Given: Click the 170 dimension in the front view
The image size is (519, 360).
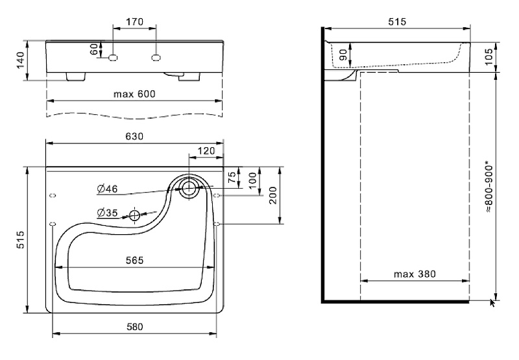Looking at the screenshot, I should click(x=134, y=22).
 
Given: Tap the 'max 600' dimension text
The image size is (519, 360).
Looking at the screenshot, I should click(x=134, y=93).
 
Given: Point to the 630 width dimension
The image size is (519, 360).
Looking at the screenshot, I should click(x=134, y=137).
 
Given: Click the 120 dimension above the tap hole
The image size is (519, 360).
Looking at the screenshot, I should click(x=206, y=150).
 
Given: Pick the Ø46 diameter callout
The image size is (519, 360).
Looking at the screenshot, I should click(x=107, y=189).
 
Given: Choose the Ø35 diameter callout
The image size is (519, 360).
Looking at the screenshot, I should click(x=107, y=212).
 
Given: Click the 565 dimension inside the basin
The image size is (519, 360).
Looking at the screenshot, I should click(x=134, y=260).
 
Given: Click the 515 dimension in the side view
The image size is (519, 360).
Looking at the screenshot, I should click(x=396, y=22).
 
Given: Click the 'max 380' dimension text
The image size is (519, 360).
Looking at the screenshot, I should click(x=415, y=274).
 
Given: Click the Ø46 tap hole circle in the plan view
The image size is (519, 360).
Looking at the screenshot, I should click(x=189, y=189).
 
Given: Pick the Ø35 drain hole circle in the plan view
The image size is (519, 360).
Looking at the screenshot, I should click(x=134, y=215).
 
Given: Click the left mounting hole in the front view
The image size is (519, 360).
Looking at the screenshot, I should click(x=113, y=58).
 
